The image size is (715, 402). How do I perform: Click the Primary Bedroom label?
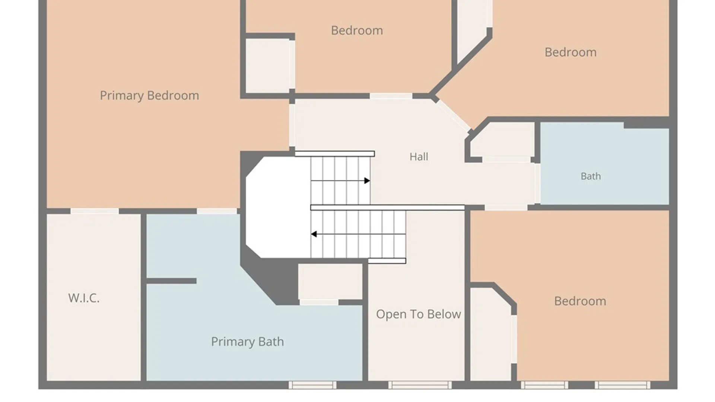pyautogui.click(x=149, y=96)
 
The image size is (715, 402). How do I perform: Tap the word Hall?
pyautogui.click(x=419, y=157)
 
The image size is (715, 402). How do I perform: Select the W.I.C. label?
pyautogui.click(x=84, y=298)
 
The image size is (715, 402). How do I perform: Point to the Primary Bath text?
pyautogui.click(x=247, y=342)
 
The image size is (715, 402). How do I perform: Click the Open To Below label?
pyautogui.click(x=419, y=314)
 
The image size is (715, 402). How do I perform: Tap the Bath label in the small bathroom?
pyautogui.click(x=591, y=176)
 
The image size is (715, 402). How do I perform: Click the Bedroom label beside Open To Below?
pyautogui.click(x=580, y=301)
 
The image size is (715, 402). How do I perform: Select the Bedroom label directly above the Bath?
pyautogui.click(x=571, y=52)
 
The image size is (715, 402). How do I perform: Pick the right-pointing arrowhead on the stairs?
pyautogui.click(x=367, y=181)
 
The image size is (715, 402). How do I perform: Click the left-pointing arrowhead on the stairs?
pyautogui.click(x=314, y=234)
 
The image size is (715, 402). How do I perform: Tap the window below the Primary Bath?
pyautogui.click(x=312, y=385)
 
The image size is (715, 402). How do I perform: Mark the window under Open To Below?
pyautogui.click(x=420, y=385)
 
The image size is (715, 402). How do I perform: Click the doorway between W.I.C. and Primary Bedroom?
pyautogui.click(x=95, y=211)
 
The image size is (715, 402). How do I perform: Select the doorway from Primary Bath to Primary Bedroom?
pyautogui.click(x=217, y=211)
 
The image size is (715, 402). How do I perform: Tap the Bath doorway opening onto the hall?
pyautogui.click(x=537, y=183)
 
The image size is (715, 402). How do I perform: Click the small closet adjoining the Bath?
pyautogui.click(x=503, y=140)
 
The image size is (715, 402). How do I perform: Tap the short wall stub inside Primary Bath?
pyautogui.click(x=172, y=281)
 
